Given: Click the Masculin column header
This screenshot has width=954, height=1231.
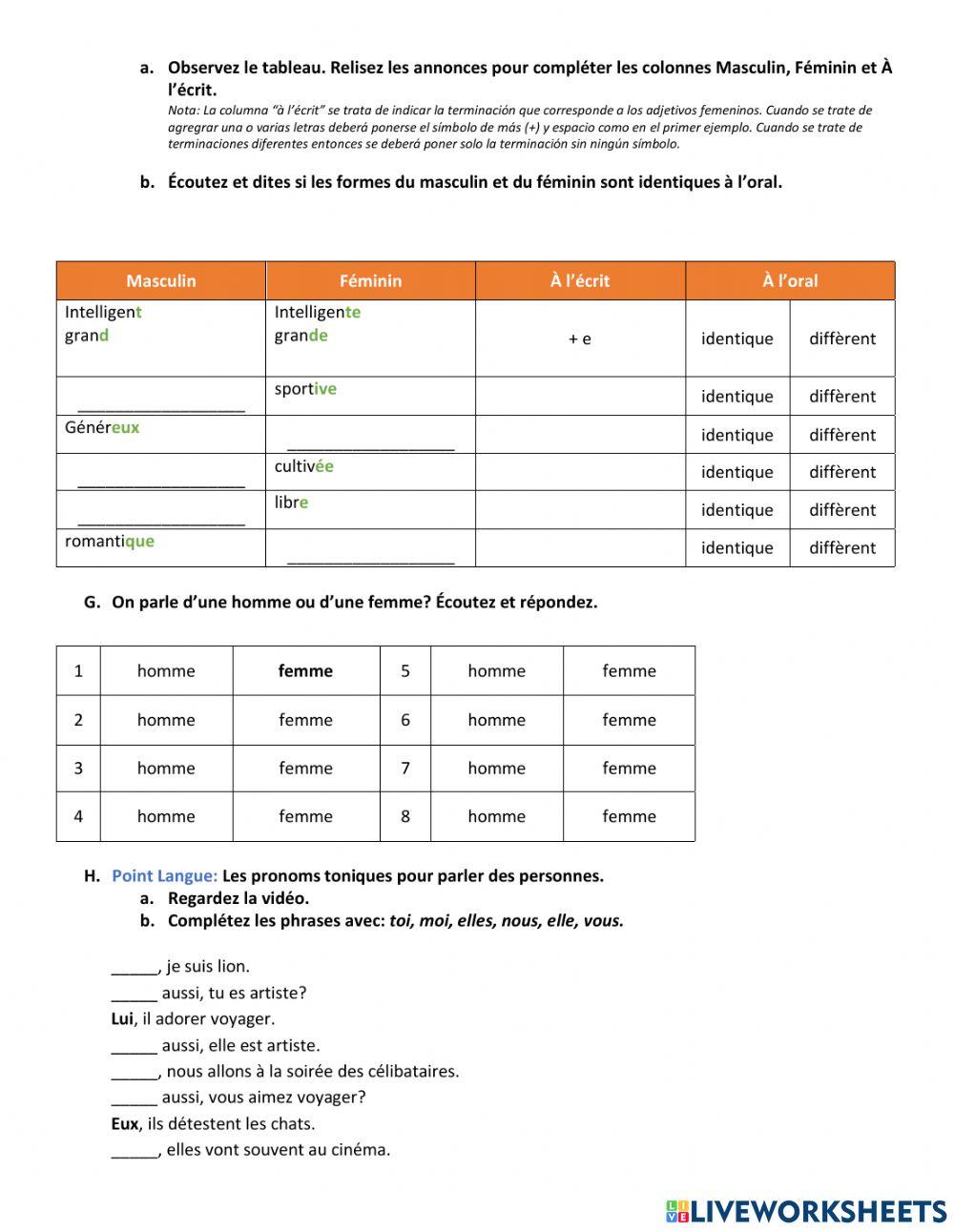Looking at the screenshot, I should (160, 280).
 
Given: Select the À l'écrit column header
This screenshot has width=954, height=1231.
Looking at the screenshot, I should (579, 280).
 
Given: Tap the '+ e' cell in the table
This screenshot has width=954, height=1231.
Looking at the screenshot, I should (579, 339).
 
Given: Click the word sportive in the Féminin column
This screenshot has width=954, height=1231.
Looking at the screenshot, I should (305, 389).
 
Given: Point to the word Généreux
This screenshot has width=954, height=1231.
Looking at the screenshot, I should (102, 427).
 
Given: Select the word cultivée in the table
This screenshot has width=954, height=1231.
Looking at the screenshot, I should (303, 466).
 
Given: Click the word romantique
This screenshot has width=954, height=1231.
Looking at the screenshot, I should (109, 542).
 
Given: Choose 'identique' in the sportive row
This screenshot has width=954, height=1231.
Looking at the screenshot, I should (736, 397).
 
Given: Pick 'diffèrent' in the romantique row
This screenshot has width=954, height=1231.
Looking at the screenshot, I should (841, 548).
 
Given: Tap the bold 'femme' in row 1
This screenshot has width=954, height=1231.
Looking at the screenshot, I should (305, 671).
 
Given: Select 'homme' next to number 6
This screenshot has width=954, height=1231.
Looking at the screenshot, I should (496, 721).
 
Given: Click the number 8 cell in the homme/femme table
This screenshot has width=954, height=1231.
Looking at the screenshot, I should (405, 817).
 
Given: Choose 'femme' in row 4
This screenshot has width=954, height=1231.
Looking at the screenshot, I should (305, 817).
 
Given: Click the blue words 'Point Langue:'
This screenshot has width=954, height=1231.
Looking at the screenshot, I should (164, 876).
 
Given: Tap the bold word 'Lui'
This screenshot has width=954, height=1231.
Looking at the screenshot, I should (121, 1019).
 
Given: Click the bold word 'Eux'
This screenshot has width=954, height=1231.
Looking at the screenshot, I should (124, 1124).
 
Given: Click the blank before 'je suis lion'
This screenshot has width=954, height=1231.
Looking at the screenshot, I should (134, 968).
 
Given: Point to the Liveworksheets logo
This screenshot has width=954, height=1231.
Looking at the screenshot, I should (806, 1211).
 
